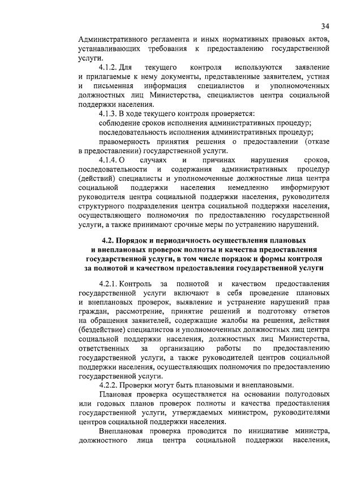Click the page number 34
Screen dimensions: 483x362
pyautogui.click(x=325, y=26)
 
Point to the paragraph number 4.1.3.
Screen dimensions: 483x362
pyautogui.click(x=109, y=113)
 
